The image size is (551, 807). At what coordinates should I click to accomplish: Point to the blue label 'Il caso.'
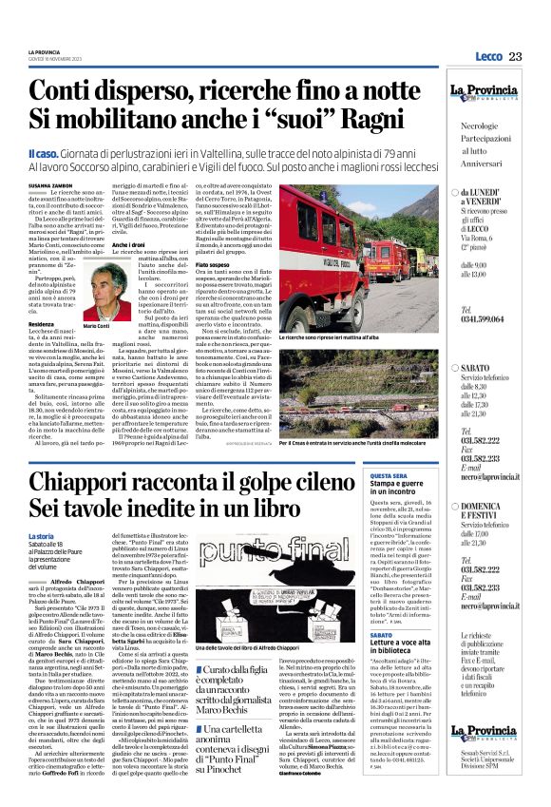coord(44,152)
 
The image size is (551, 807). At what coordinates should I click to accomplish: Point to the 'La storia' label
coord(42,537)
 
